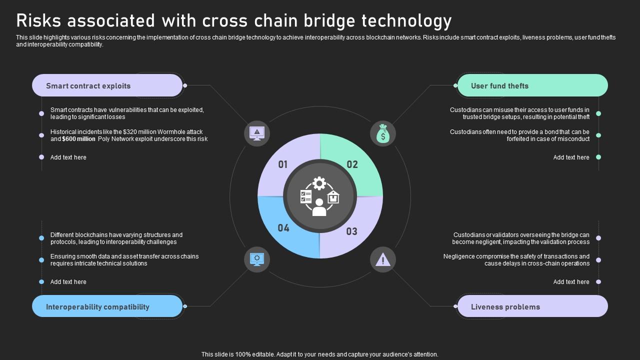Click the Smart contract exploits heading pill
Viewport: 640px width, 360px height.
pos(107,85)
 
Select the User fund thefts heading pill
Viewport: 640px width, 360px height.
pos(532,85)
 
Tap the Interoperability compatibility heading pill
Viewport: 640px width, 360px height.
pos(107,306)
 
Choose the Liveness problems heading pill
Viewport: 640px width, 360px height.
pos(532,306)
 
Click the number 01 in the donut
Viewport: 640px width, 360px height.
pos(283,164)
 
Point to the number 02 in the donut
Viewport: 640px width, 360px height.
pos(352,164)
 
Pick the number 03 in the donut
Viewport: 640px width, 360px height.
pos(352,231)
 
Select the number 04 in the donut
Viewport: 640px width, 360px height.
pos(283,228)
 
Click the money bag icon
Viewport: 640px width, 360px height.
pos(383,134)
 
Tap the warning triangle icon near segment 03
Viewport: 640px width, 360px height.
pos(383,259)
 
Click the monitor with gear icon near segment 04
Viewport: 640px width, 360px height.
pos(257,259)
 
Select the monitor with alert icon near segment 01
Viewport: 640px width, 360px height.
pos(257,133)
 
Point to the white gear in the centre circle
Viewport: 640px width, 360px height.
pos(319,183)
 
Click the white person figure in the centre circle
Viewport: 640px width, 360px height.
pos(319,207)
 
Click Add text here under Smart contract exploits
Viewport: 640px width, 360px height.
pos(68,157)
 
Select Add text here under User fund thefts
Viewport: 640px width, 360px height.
pos(571,157)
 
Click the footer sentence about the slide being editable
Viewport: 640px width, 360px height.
pos(320,354)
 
